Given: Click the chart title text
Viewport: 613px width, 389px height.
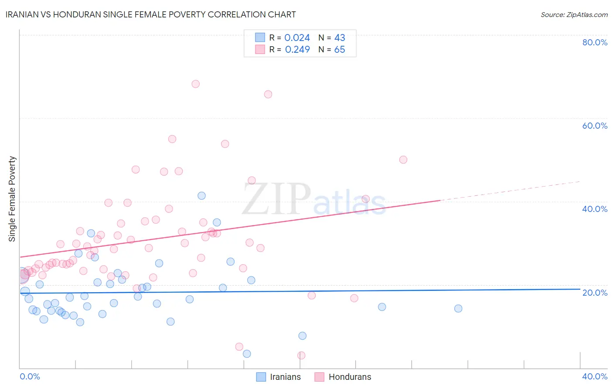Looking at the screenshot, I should click(150, 14).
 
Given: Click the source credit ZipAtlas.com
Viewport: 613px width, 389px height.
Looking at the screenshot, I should click(574, 14).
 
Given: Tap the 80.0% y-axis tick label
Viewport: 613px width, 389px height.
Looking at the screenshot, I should click(595, 42).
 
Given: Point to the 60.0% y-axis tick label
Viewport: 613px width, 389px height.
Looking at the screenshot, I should click(595, 126).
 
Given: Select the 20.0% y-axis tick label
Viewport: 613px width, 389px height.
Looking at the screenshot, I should click(595, 292).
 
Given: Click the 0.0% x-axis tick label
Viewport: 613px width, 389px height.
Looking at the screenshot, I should click(30, 376).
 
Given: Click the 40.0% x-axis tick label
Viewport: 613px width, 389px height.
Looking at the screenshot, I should click(595, 376).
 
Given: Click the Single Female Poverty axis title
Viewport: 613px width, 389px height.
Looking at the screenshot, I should click(12, 199).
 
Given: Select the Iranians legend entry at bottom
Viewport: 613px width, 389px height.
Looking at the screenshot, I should click(279, 377).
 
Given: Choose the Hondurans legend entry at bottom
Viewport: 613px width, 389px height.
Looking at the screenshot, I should click(344, 377).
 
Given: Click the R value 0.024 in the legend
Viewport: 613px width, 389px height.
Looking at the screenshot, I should click(297, 38).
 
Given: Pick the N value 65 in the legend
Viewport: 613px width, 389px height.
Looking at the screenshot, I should click(340, 50).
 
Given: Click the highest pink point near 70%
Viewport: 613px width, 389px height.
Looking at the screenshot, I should click(196, 84).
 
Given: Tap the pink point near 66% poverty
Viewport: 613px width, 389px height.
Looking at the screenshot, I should click(268, 94).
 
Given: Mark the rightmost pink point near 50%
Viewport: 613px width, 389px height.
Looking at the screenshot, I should click(403, 160).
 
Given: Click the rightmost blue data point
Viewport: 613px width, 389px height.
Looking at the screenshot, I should click(458, 308).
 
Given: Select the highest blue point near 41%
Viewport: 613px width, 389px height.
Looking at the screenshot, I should click(201, 195).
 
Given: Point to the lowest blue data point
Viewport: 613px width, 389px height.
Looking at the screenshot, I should click(247, 354).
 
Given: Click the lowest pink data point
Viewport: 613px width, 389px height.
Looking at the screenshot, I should click(301, 355).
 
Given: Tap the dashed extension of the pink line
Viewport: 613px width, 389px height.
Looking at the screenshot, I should click(510, 191).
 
